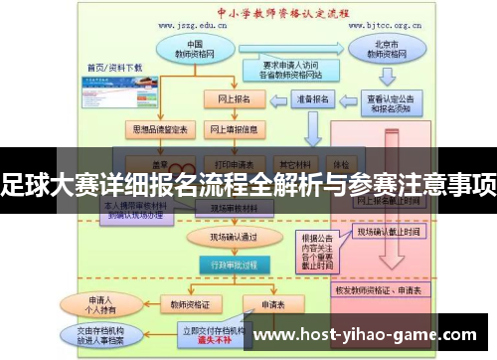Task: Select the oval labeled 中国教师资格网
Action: [196, 51]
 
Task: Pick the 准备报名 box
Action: [307, 99]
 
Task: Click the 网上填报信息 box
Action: [235, 129]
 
